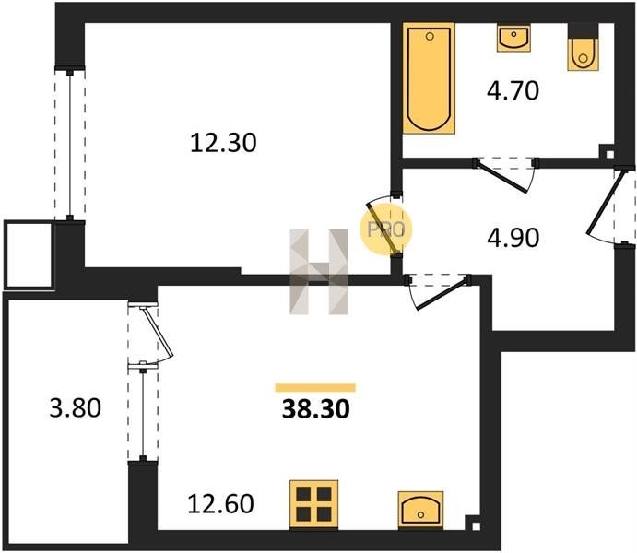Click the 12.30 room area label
pyautogui.click(x=223, y=144)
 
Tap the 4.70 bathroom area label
pyautogui.click(x=513, y=90)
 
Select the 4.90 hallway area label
pyautogui.click(x=513, y=238)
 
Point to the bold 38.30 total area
pyautogui.click(x=315, y=409)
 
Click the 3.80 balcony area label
pyautogui.click(x=76, y=408)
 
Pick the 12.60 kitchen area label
pyautogui.click(x=220, y=503)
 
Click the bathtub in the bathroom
pyautogui.click(x=429, y=78)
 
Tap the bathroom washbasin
pyautogui.click(x=513, y=38)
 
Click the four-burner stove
pyautogui.click(x=313, y=504)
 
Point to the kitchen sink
pyautogui.click(x=420, y=510)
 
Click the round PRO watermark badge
pyautogui.click(x=386, y=229)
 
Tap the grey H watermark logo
pyautogui.click(x=319, y=272)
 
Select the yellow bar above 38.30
pyautogui.click(x=315, y=388)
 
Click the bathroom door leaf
pyautogui.click(x=503, y=178)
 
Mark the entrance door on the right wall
pyautogui.click(x=605, y=202)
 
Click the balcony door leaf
pyautogui.click(x=158, y=331)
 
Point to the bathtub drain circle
pyautogui.click(x=430, y=36)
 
